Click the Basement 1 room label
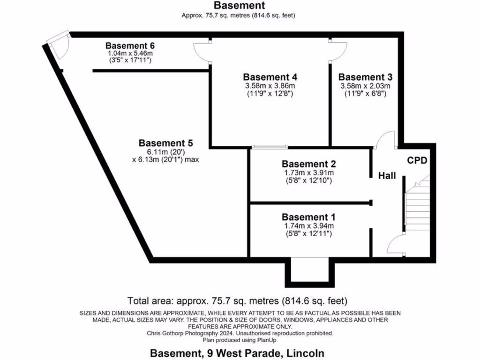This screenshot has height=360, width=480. pyautogui.click(x=308, y=217)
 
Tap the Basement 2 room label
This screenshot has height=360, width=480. pyautogui.click(x=308, y=164)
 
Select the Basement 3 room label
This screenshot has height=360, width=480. pyautogui.click(x=365, y=77)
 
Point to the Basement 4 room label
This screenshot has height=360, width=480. pyautogui.click(x=270, y=77)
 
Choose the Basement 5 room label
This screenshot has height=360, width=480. pyautogui.click(x=166, y=143)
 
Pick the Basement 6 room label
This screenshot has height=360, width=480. pyautogui.click(x=130, y=46)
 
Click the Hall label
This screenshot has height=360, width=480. pyautogui.click(x=387, y=176)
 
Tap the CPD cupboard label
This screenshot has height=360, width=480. pyautogui.click(x=417, y=160)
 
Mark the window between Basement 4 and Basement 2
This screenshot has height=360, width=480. pyautogui.click(x=270, y=147)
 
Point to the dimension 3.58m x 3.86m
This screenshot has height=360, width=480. pyautogui.click(x=270, y=86)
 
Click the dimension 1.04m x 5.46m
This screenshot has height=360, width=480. pyautogui.click(x=130, y=54)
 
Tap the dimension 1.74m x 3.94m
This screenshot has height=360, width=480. pyautogui.click(x=308, y=226)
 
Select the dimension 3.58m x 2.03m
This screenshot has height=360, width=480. pyautogui.click(x=365, y=86)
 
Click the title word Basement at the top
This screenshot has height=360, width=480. pyautogui.click(x=239, y=6)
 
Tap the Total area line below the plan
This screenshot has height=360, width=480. pyautogui.click(x=238, y=300)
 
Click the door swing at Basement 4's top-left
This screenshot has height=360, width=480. pyautogui.click(x=202, y=51)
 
